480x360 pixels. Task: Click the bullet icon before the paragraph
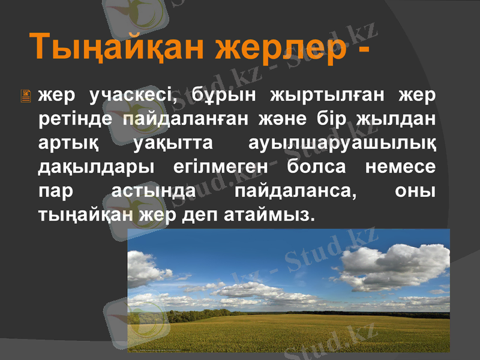[26, 96]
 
